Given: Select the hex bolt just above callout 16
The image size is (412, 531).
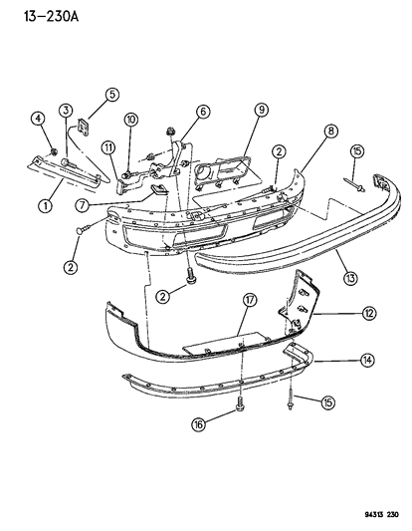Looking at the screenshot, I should (x=240, y=406).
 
